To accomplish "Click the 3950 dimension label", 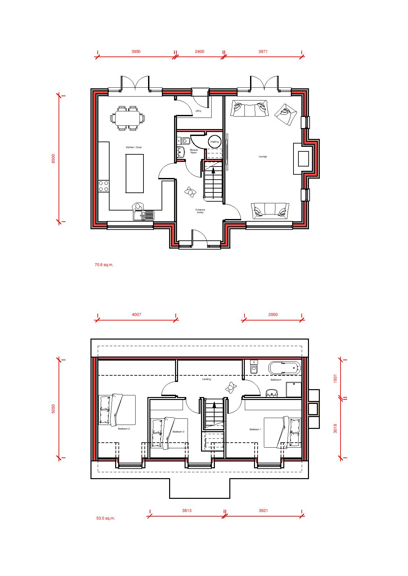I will [136, 52].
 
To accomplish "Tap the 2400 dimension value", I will [199, 52].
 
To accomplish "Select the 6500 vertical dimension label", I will [54, 158].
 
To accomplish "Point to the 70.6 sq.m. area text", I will [104, 265].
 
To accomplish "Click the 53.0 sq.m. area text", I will [106, 518].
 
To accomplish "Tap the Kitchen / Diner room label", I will [134, 147].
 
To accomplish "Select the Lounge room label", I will [263, 157].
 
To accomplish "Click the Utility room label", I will [198, 111].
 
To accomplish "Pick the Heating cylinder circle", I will [215, 142].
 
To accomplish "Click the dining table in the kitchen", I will [127, 118].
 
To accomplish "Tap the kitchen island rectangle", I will [135, 173].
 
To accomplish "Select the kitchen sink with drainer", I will [144, 215].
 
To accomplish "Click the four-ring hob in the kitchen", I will [104, 186].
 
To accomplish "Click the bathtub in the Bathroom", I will [285, 368].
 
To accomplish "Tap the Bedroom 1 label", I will [255, 429].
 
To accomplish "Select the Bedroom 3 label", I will [178, 432].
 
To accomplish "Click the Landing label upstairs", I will [207, 379].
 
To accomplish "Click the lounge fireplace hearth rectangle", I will [303, 158].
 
